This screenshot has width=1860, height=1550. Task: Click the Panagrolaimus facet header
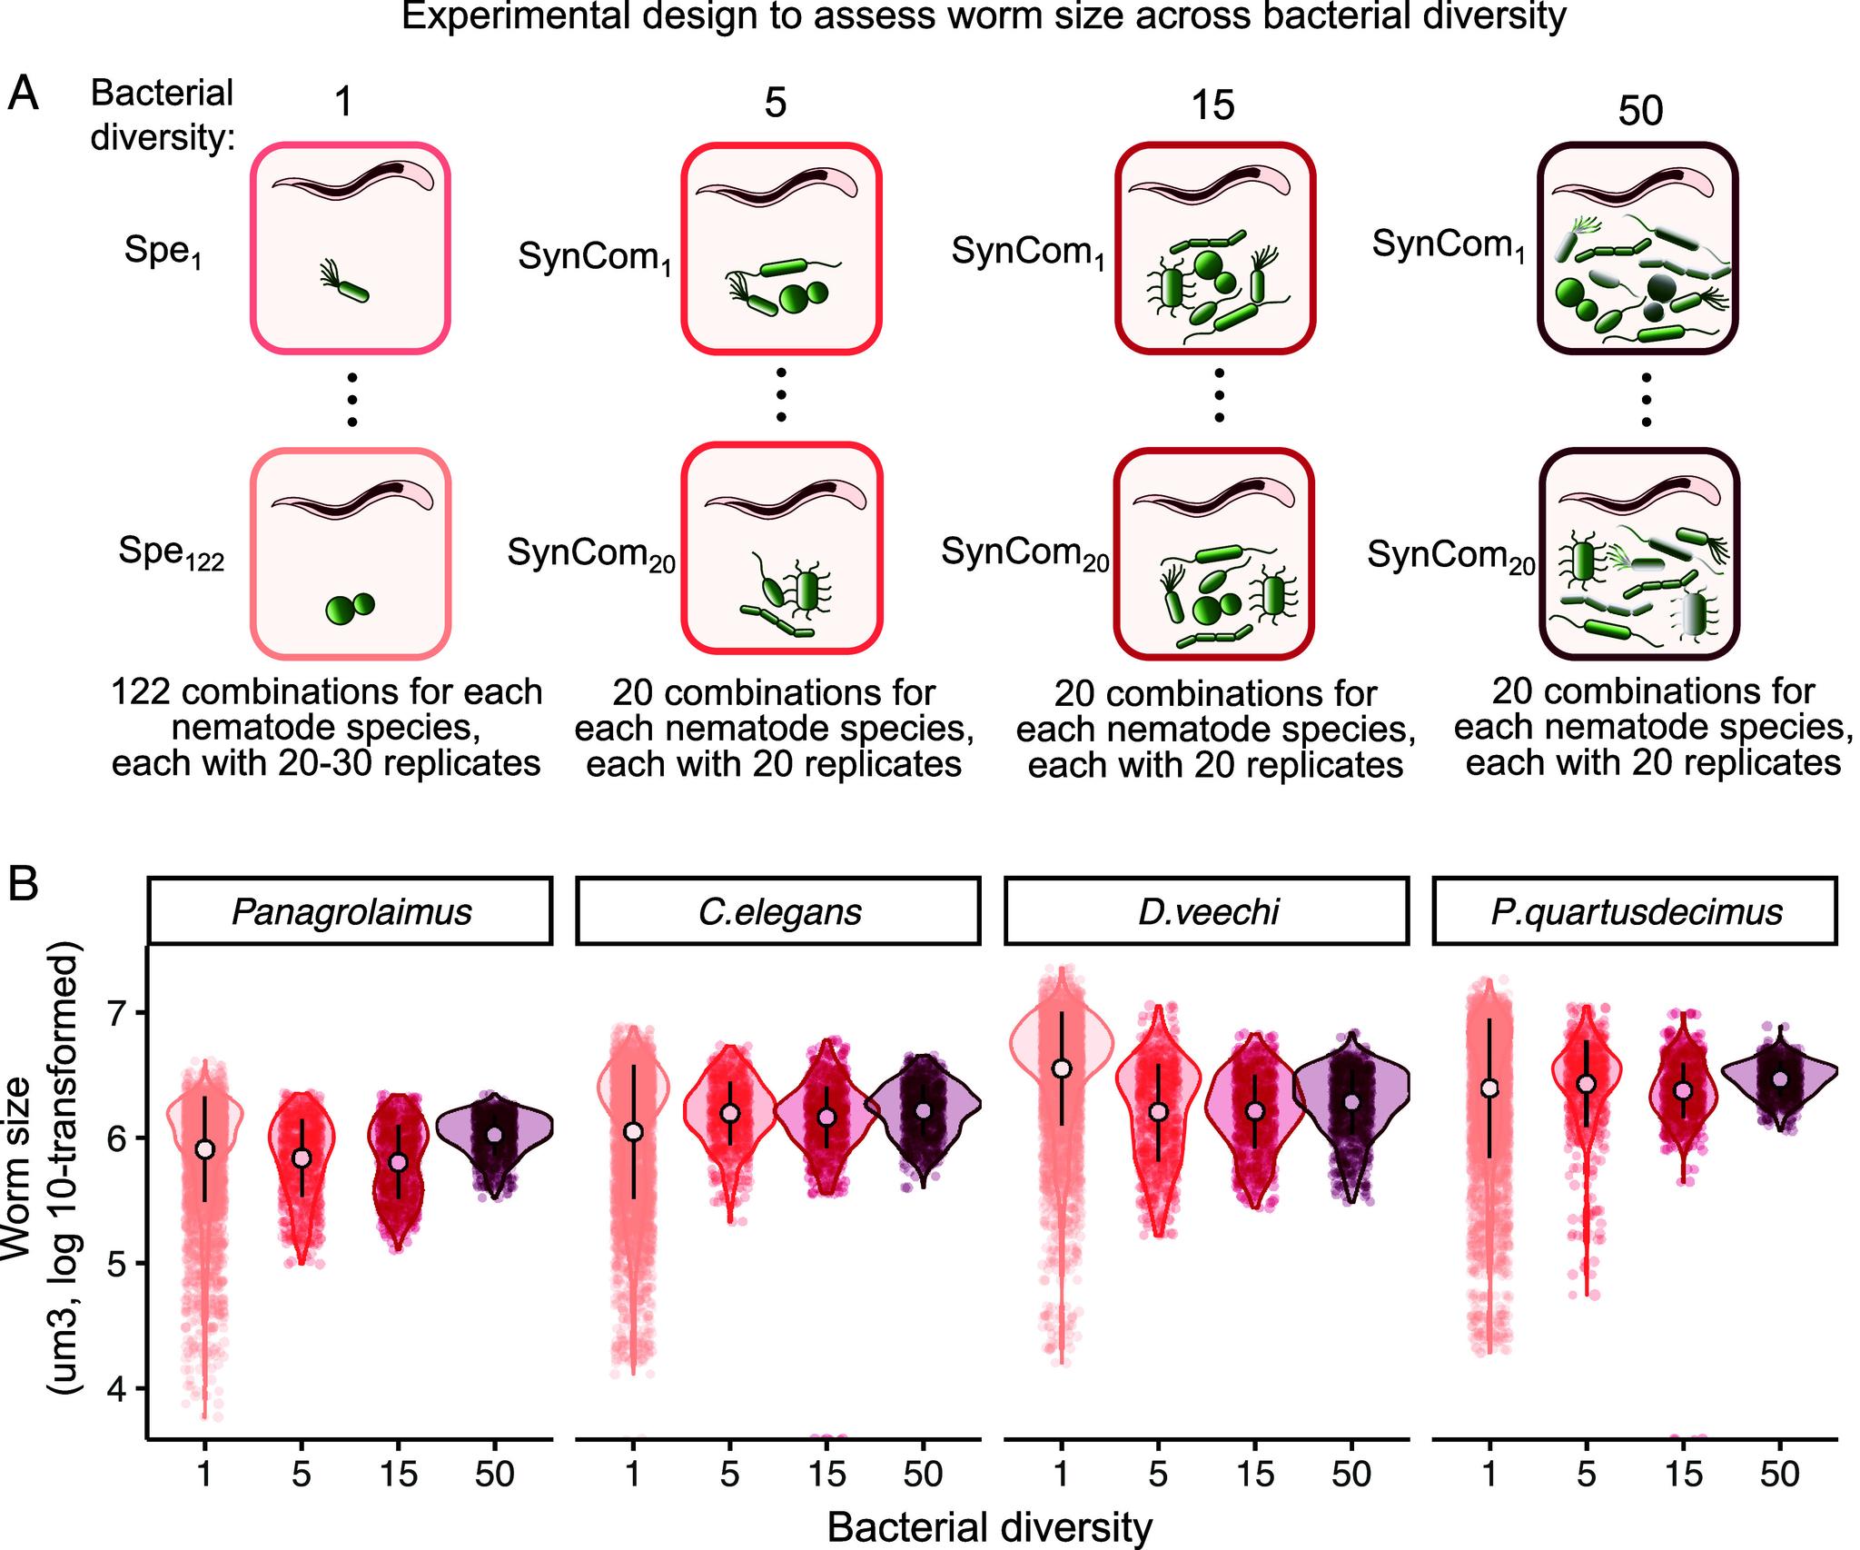point(351,911)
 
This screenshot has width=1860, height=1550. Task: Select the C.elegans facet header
point(778,911)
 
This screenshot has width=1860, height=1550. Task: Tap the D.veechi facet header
point(1207,911)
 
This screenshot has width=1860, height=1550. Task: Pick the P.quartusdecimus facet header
point(1636,911)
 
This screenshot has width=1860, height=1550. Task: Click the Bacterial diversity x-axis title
point(989,1527)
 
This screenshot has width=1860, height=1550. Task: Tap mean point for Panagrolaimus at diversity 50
point(494,1134)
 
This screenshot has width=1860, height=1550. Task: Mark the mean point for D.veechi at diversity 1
point(1062,1068)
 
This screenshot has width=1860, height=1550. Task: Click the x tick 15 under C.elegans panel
point(826,1474)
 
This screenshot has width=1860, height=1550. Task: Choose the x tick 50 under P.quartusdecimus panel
point(1779,1474)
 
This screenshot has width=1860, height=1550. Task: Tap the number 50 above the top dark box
point(1640,111)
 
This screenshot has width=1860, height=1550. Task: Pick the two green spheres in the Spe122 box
point(351,608)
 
